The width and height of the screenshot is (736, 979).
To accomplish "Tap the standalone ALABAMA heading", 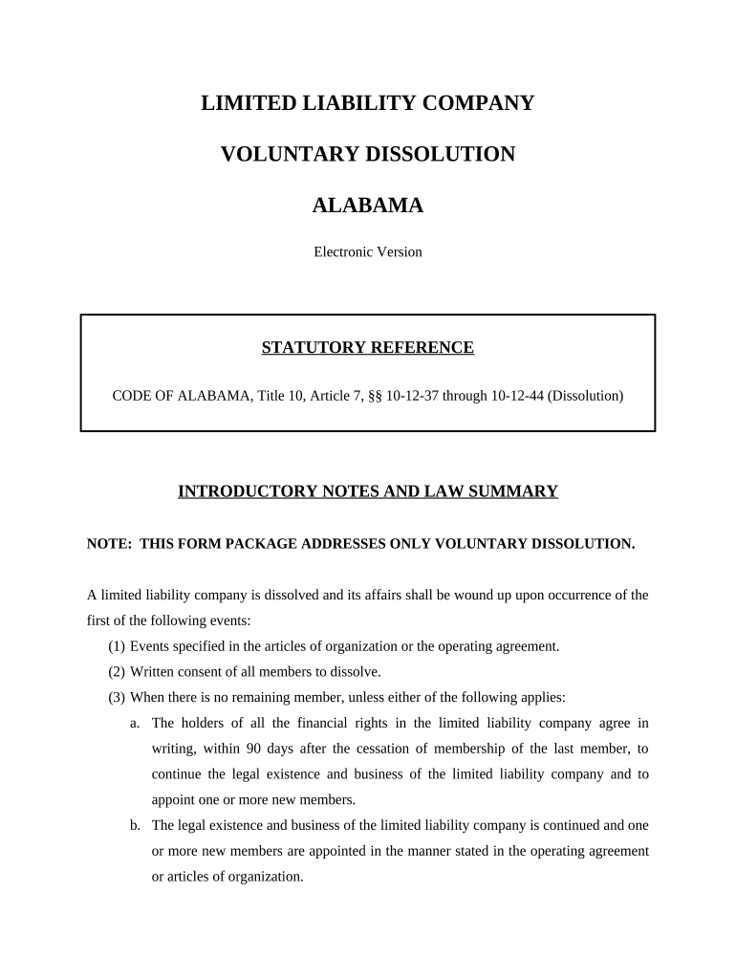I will pos(368,206).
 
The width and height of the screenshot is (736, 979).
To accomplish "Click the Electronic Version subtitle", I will pos(368,252).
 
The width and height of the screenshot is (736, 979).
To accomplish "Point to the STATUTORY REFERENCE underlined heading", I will pos(368,348).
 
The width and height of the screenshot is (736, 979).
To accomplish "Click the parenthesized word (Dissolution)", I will pos(586,395).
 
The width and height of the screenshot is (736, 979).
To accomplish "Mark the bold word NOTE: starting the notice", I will pos(109,544).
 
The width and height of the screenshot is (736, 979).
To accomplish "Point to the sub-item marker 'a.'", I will pos(136,723).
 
